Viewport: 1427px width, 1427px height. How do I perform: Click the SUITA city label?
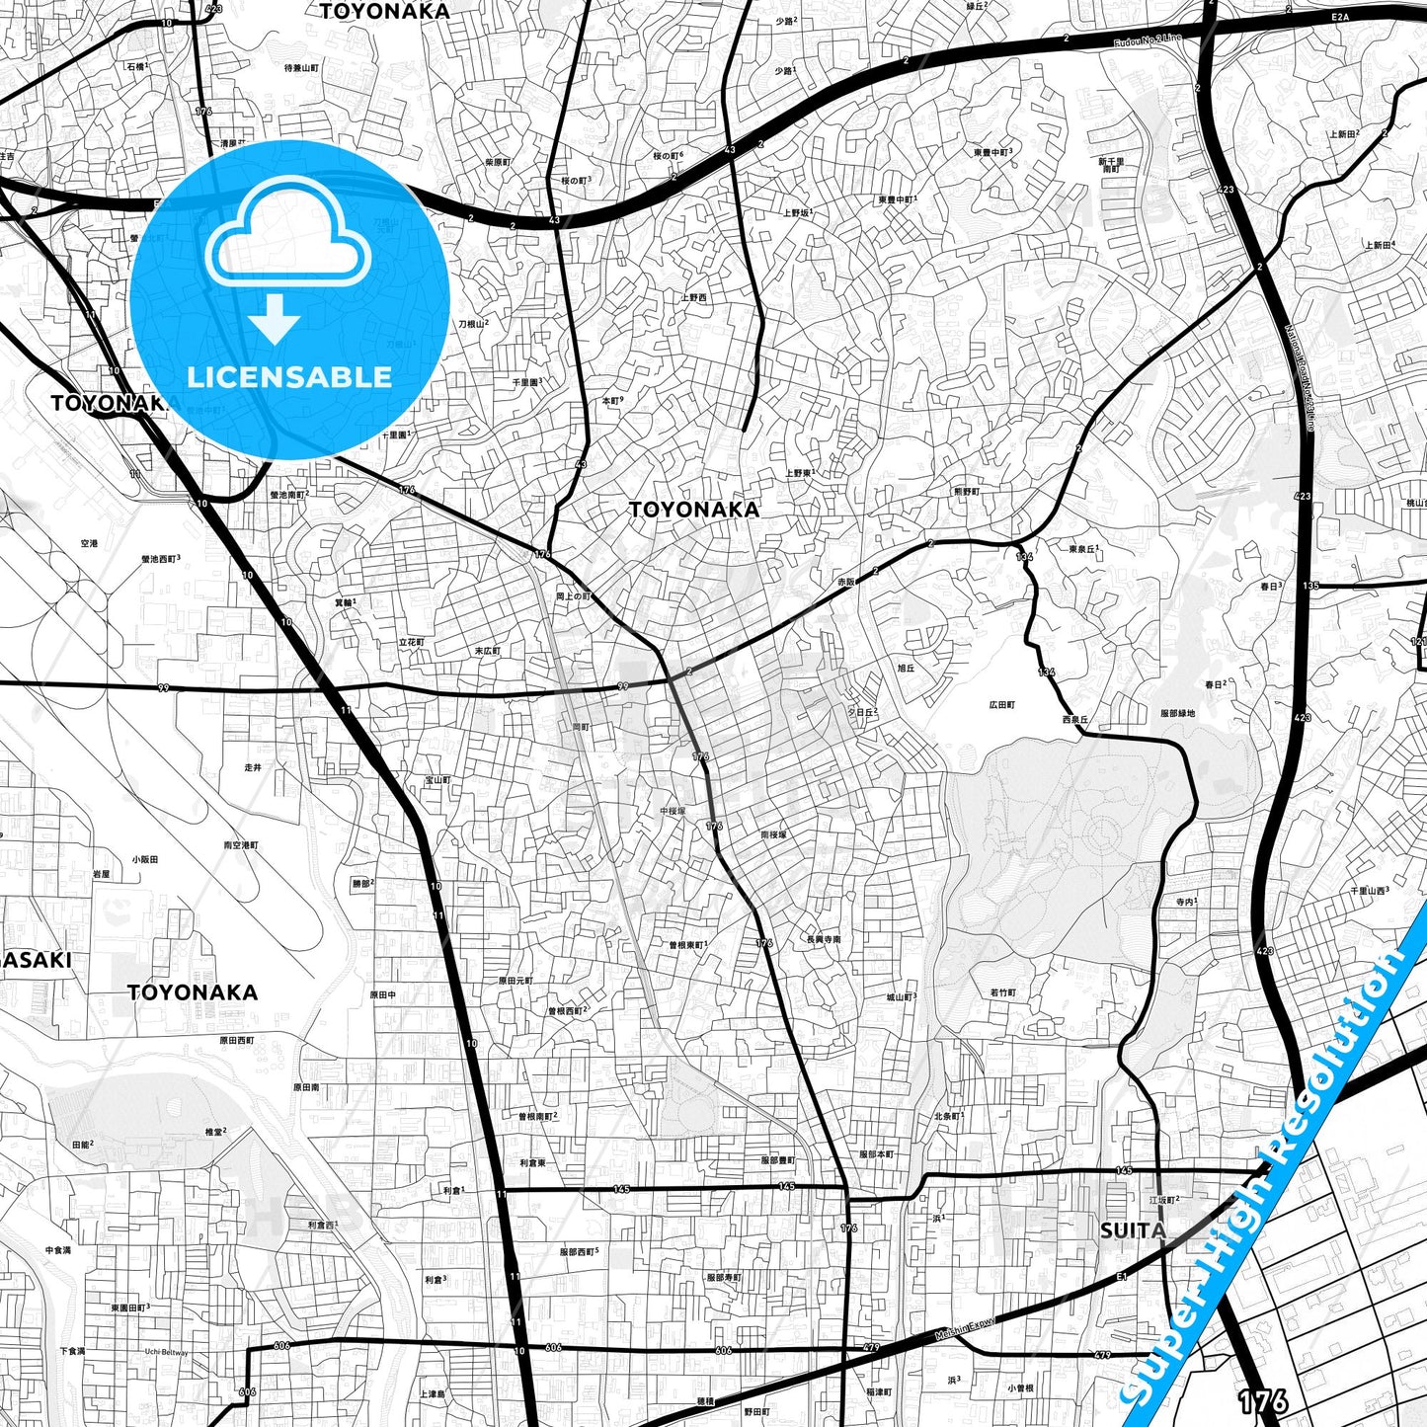(1133, 1230)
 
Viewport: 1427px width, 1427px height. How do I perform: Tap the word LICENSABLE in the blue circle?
(289, 377)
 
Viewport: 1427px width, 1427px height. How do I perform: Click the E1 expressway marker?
(1123, 1277)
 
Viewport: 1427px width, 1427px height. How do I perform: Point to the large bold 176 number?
(1262, 1401)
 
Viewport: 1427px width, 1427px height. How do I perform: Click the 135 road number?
(1310, 586)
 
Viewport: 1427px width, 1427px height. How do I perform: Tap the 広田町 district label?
(1001, 705)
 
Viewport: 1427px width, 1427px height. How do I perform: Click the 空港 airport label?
(89, 543)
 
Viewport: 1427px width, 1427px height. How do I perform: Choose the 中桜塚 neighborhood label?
(673, 811)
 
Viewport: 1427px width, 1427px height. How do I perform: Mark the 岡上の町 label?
(573, 596)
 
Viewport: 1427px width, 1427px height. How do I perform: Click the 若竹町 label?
(1002, 991)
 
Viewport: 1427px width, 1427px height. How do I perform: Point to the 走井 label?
(254, 766)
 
